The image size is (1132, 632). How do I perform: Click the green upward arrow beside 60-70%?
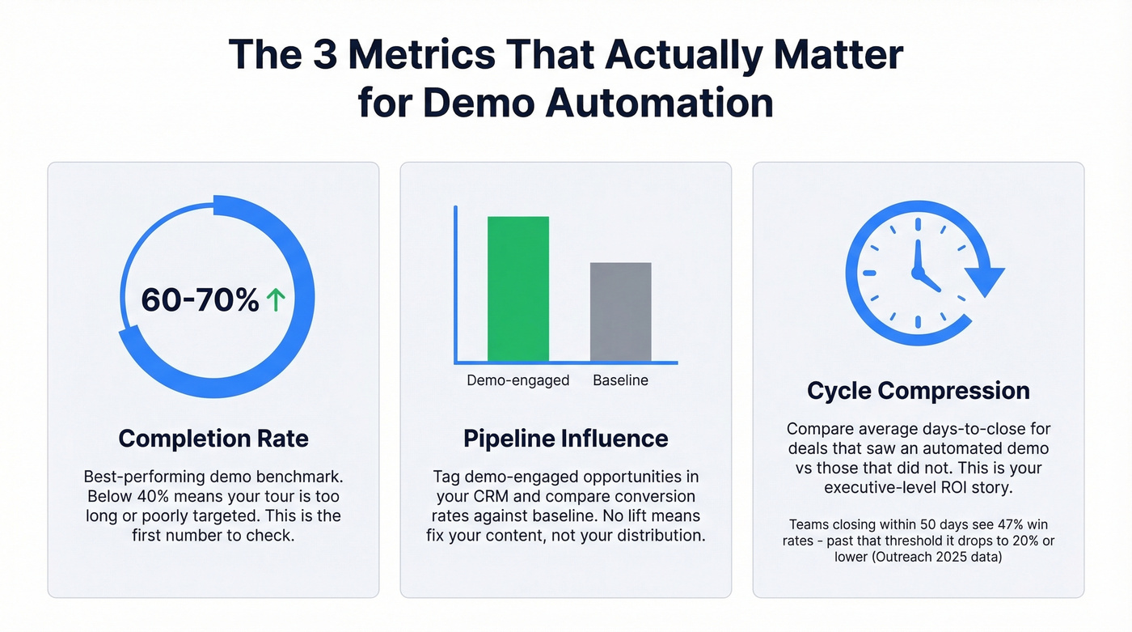276,301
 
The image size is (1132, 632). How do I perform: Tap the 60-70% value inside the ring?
200,301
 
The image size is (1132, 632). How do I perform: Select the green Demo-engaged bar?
517,289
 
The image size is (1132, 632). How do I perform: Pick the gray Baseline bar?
620,312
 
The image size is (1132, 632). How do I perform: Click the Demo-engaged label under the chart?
517,380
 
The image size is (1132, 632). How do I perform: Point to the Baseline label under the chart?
620,380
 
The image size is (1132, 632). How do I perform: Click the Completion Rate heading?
213,439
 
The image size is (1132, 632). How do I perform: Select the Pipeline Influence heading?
565,439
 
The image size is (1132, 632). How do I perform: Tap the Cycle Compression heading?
918,391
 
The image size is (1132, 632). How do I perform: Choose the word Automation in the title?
659,104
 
